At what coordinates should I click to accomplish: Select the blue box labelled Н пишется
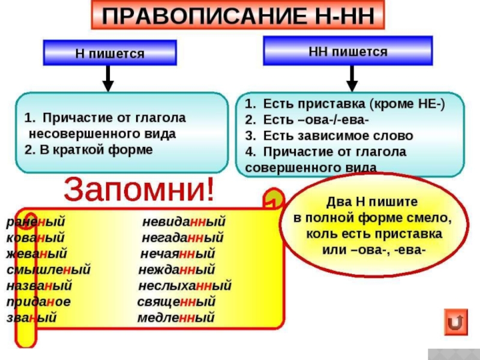pos(109,53)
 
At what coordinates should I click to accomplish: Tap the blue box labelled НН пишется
pos(348,51)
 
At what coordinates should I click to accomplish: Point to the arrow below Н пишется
pos(107,76)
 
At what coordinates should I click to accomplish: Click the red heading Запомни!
pos(139,190)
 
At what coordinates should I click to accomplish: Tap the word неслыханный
pos(185,286)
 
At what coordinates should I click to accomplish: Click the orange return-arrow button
pos(457,322)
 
